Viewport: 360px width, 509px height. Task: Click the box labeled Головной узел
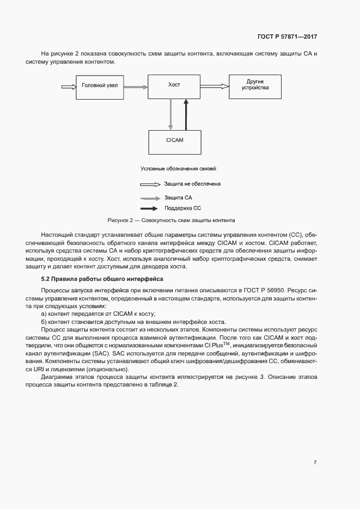100,86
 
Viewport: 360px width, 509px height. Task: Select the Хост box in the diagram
174,86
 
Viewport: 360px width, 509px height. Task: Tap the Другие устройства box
255,86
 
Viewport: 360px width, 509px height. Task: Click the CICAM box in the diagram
174,141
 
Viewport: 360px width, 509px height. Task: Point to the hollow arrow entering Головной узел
69,86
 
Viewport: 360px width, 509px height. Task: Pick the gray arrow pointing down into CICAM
170,114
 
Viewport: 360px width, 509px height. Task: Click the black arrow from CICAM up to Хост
186,114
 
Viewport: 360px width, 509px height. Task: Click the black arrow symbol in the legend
150,208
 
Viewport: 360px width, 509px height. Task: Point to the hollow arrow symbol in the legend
150,184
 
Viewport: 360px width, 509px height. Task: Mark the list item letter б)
45,322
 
